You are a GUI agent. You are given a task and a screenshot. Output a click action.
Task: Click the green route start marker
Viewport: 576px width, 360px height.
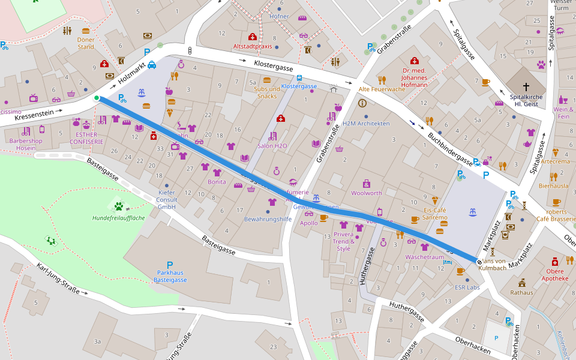tap(97, 98)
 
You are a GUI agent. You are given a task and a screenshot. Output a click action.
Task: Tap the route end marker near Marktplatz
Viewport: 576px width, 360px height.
tap(479, 261)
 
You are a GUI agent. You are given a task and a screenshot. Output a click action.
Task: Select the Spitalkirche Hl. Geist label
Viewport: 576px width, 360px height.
tap(526, 100)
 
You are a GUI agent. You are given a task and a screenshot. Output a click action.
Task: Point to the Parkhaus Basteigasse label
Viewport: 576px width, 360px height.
tap(170, 276)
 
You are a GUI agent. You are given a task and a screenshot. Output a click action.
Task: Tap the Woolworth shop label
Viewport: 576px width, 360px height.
tap(366, 193)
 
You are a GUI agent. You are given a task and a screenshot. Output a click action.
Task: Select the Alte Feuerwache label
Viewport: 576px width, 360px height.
tap(381, 89)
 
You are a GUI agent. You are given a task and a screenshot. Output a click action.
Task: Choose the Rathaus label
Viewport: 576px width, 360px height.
tap(521, 293)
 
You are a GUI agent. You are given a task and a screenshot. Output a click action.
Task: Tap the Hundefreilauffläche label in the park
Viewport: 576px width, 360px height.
tap(118, 218)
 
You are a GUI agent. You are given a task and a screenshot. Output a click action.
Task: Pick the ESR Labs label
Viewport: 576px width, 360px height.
tap(467, 287)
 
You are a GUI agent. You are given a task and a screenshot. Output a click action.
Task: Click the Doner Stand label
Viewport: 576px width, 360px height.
tap(86, 43)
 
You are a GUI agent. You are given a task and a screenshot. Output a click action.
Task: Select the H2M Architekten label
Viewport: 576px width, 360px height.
tap(365, 124)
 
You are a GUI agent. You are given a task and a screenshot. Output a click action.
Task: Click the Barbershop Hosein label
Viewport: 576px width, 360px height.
tap(26, 144)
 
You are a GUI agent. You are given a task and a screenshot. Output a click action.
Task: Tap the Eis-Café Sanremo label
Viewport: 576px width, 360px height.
tap(435, 214)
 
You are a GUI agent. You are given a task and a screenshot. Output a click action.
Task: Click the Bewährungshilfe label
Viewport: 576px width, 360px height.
tap(268, 220)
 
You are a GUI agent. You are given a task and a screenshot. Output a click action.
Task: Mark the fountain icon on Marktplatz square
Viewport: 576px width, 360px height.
tap(473, 212)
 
